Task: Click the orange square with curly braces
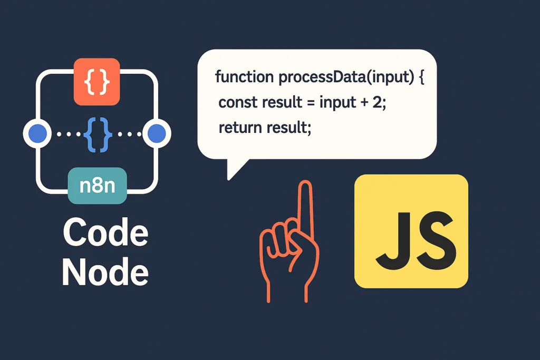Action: click(x=97, y=81)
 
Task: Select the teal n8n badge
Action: click(x=98, y=186)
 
